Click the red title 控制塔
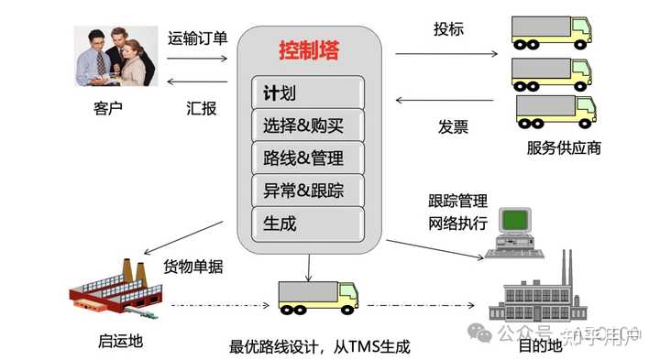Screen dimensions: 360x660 click(x=308, y=50)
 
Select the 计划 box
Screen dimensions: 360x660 click(x=308, y=93)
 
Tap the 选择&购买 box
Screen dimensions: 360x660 click(x=308, y=125)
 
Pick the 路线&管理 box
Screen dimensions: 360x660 click(x=308, y=158)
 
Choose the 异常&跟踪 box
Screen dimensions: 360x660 click(x=308, y=191)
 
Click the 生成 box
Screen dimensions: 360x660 click(x=308, y=223)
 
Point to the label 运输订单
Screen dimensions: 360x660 click(x=197, y=39)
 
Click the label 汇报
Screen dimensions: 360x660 click(x=202, y=108)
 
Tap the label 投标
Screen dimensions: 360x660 click(x=448, y=29)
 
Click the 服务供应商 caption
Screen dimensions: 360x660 click(x=564, y=147)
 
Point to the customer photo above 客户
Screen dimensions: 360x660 click(x=113, y=56)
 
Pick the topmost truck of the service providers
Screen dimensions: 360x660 click(x=550, y=34)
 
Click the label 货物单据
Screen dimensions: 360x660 click(x=193, y=267)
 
